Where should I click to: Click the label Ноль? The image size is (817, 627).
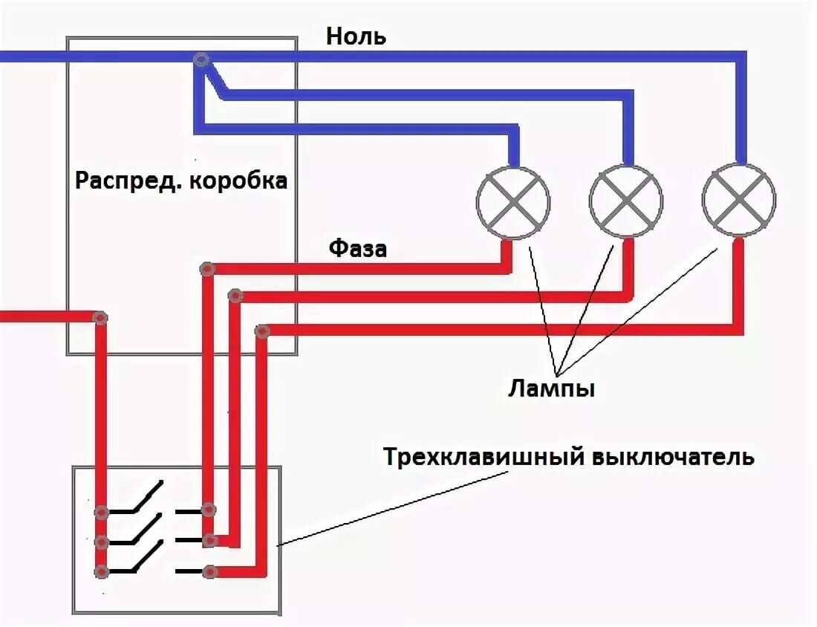[x=356, y=36]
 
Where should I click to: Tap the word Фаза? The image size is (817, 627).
[x=358, y=248]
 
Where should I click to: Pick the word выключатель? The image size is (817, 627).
[x=673, y=456]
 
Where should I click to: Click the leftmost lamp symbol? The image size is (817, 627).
[x=512, y=201]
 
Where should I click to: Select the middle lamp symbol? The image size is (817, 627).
[x=626, y=201]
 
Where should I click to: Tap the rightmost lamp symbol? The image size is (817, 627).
[x=739, y=201]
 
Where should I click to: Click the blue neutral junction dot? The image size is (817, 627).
[x=199, y=59]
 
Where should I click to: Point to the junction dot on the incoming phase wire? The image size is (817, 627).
[x=100, y=317]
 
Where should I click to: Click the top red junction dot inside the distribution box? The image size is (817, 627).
[x=207, y=269]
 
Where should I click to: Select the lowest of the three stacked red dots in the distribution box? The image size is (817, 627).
[x=261, y=331]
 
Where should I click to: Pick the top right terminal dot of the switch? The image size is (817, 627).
[x=209, y=510]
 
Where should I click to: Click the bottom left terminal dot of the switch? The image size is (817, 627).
[x=102, y=571]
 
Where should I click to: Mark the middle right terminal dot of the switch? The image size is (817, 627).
[x=209, y=540]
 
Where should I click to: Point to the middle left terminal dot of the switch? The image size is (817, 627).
[x=102, y=541]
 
